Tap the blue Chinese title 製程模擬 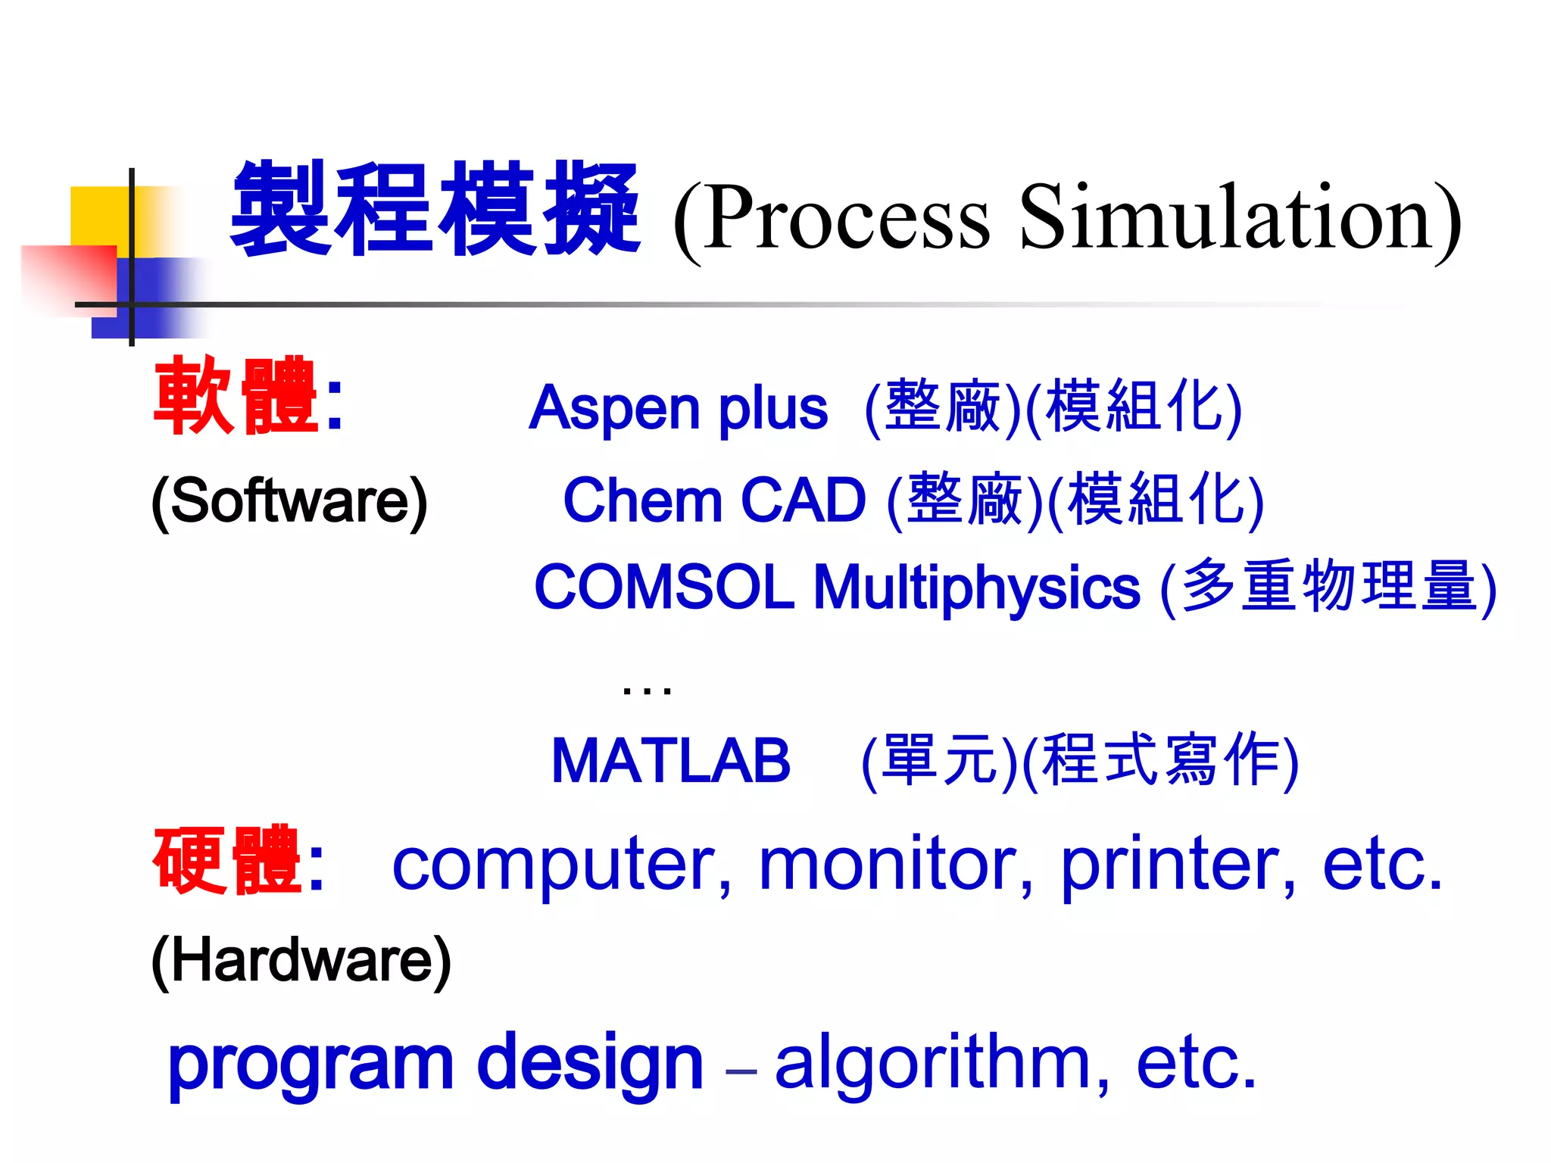tap(435, 209)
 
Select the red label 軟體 tap(235, 396)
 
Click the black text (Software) tap(289, 501)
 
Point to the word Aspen tap(616, 409)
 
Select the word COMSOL tap(664, 588)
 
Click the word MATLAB tap(671, 760)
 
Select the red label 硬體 tap(227, 861)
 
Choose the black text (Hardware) tap(301, 960)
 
